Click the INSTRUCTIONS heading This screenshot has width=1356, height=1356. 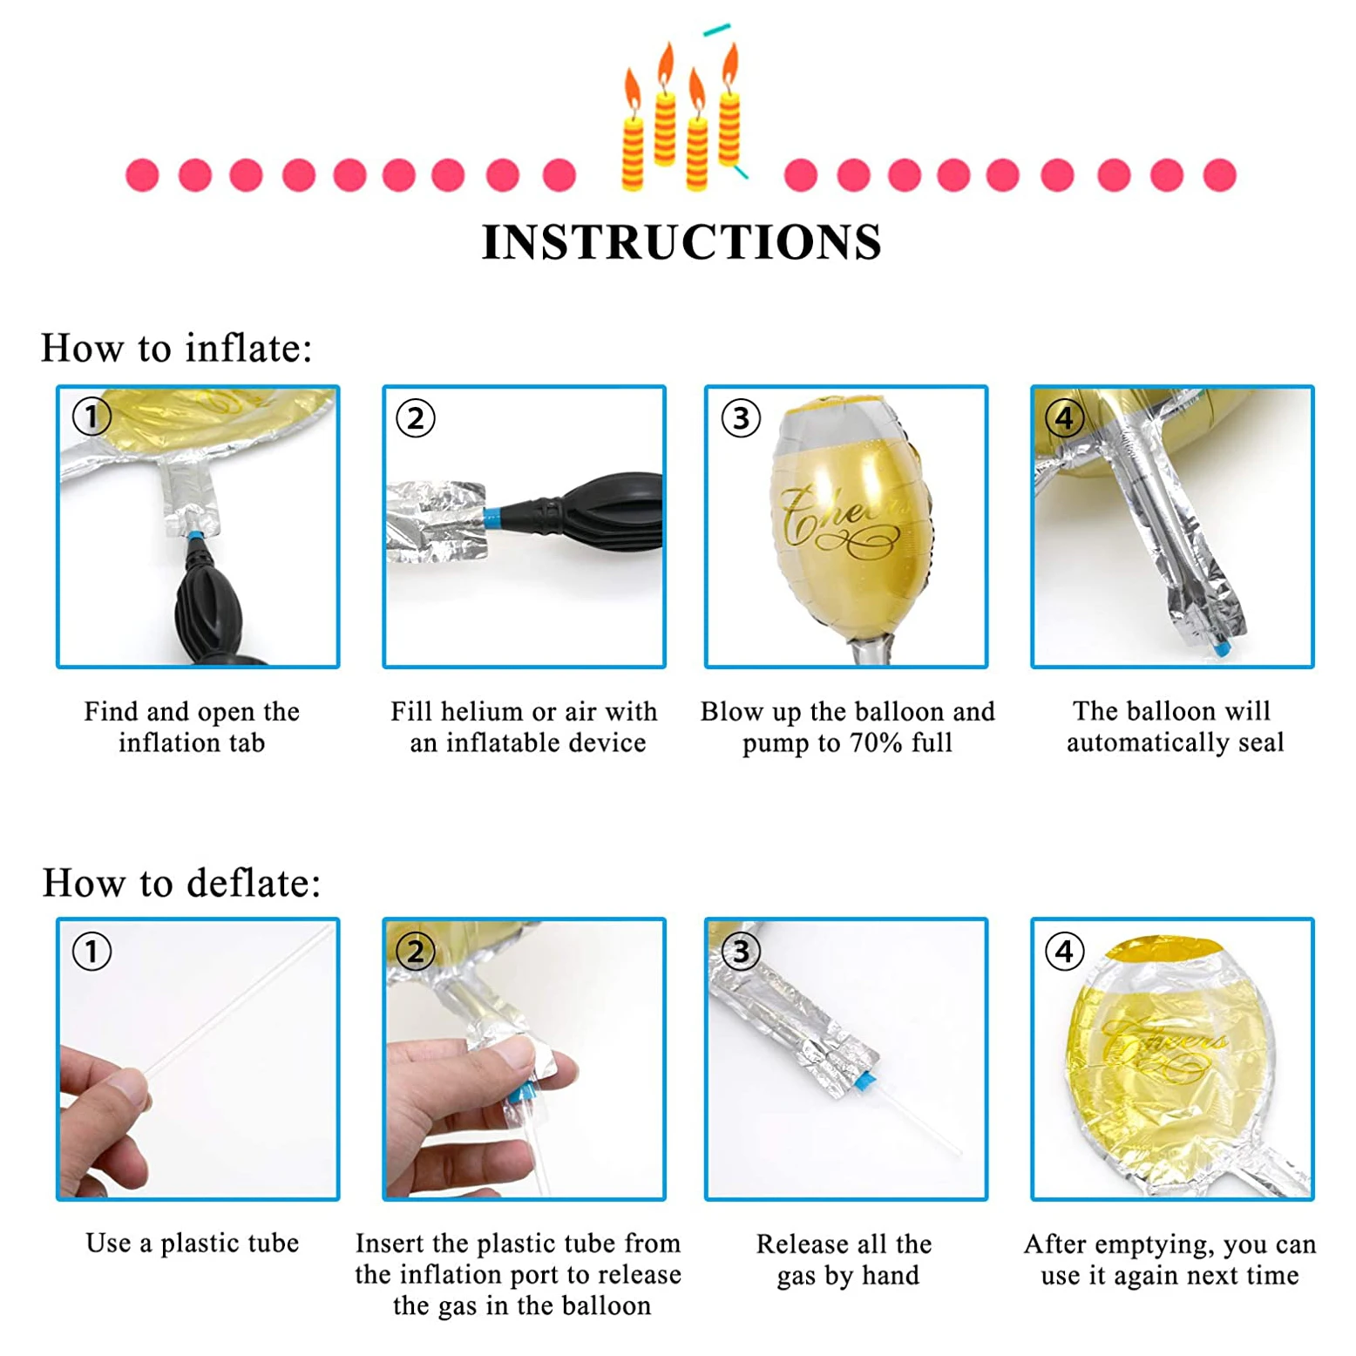click(x=681, y=242)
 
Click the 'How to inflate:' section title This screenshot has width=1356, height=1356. click(x=176, y=348)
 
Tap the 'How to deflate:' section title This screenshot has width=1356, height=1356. click(x=181, y=883)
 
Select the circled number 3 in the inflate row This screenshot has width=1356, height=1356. click(x=741, y=418)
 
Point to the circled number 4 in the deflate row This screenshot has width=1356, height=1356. click(x=1064, y=951)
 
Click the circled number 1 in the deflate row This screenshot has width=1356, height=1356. click(x=92, y=951)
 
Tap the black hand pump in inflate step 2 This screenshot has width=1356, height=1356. click(x=601, y=514)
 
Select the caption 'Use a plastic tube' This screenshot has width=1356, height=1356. click(x=192, y=1244)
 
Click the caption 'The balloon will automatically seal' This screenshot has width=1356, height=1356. click(x=1173, y=727)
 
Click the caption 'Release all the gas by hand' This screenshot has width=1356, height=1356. click(x=845, y=1259)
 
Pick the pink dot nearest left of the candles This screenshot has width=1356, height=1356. click(x=559, y=174)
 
